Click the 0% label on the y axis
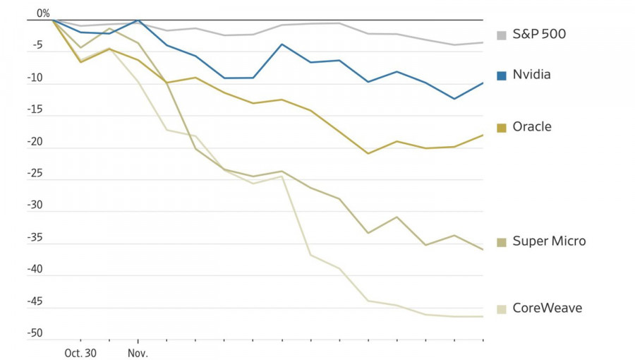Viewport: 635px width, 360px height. pos(43,13)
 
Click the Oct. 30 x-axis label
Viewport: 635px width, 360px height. pos(80,352)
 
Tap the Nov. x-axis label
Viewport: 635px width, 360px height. pos(138,352)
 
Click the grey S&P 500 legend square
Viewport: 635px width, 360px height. pos(502,35)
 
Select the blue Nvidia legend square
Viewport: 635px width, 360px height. pos(502,76)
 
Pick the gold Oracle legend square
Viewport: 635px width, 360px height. pos(502,128)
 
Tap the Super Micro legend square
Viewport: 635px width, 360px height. pos(502,243)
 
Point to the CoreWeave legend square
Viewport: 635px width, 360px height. pos(502,309)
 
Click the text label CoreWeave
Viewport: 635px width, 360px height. pos(547,308)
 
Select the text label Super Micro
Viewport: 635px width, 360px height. pos(549,241)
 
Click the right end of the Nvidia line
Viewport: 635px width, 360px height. pos(483,83)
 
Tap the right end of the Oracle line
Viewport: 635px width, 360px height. pos(483,135)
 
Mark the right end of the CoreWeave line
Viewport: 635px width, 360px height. pos(483,316)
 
